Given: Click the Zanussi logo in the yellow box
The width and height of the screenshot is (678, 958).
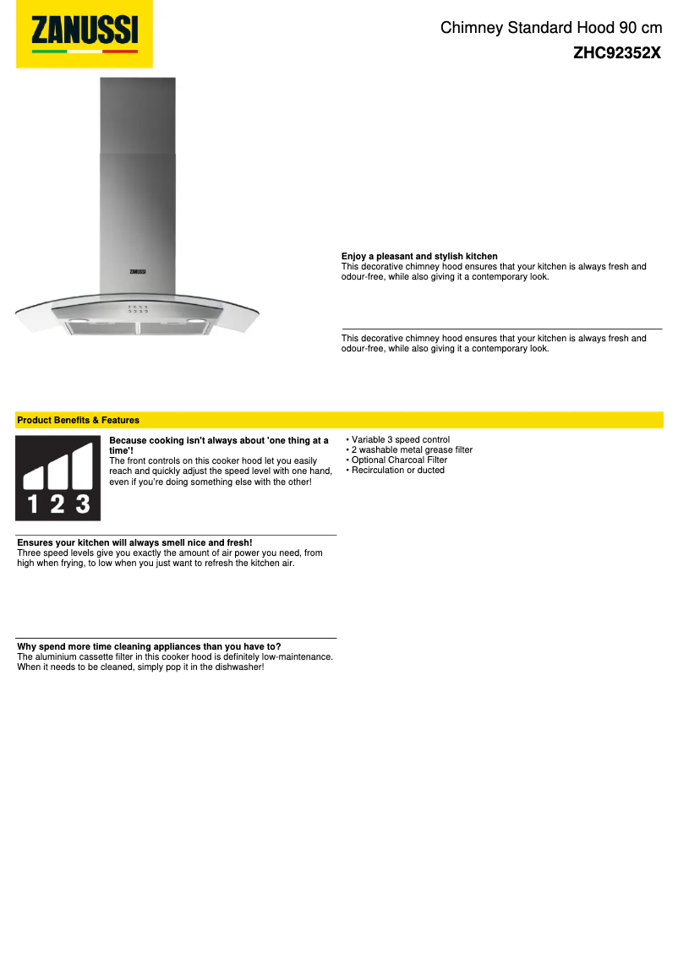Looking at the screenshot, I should pos(85,33).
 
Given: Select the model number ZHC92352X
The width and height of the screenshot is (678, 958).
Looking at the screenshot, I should pos(616,52).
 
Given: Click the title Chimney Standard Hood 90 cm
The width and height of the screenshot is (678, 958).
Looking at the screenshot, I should pos(550,29).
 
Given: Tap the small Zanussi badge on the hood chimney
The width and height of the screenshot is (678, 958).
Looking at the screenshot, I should pos(138,271).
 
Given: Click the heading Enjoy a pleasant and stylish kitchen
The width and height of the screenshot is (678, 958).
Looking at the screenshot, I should pos(419,256).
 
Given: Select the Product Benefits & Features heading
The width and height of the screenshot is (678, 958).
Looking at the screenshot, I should pos(79,420).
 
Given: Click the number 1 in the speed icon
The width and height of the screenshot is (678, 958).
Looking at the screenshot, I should pos(33,504).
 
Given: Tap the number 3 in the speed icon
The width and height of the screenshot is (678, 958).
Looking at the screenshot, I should pos(82,504).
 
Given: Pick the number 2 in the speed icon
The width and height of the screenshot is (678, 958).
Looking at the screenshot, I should pos(57,504).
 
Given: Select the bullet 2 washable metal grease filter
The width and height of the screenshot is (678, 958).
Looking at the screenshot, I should pos(412,450).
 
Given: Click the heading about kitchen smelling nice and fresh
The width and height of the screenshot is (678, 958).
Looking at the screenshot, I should pos(135,542).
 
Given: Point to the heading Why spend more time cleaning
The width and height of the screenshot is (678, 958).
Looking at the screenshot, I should pos(149,647).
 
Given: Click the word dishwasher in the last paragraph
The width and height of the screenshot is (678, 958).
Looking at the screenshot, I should pos(240,667).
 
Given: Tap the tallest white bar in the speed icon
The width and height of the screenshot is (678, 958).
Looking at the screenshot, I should pos(82,467).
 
